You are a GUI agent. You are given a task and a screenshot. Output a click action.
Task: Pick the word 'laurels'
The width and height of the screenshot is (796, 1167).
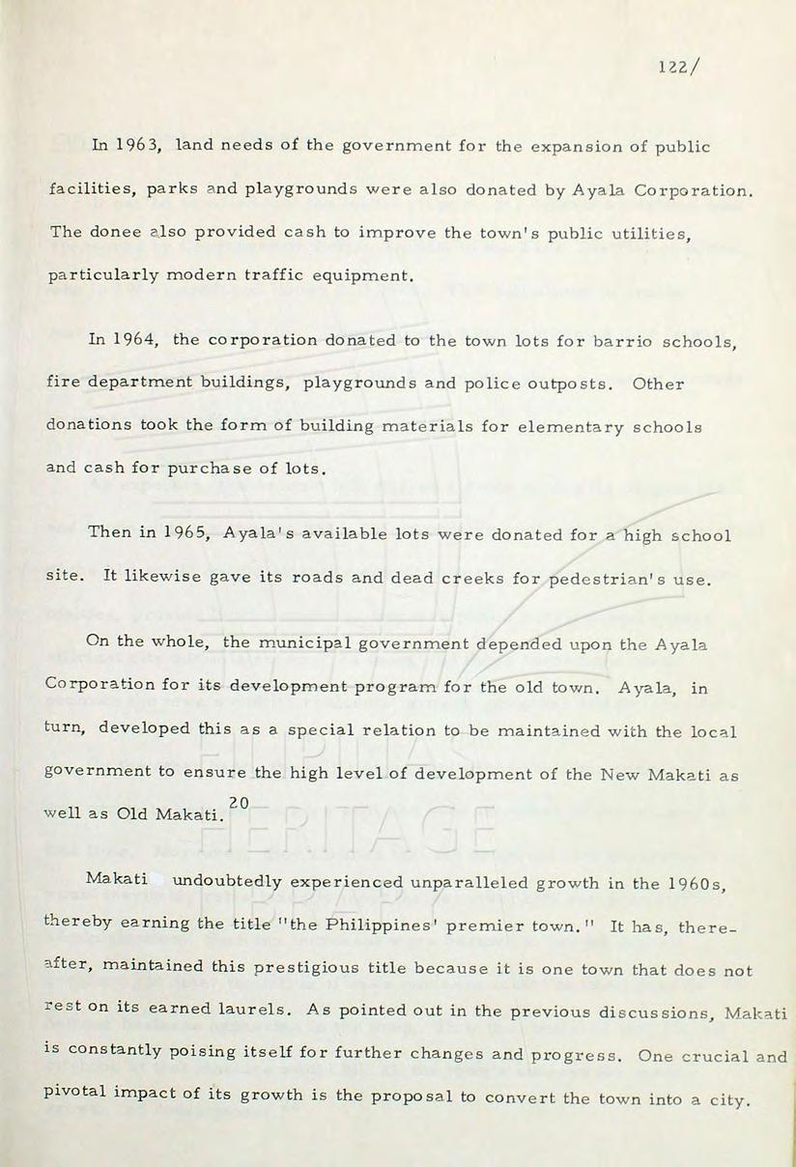[x=245, y=1011]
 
